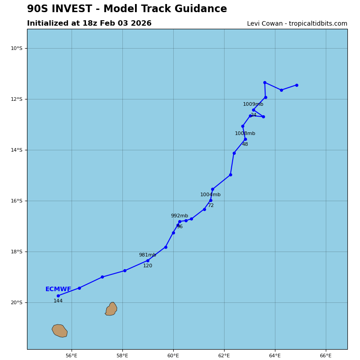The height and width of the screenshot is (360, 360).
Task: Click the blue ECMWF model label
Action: (x=58, y=289)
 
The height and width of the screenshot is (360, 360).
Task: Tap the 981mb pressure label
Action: (x=148, y=255)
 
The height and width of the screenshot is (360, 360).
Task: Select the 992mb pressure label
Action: (x=180, y=216)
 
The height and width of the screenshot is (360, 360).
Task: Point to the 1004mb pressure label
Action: (x=211, y=195)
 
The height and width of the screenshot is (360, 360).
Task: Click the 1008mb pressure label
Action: (x=245, y=134)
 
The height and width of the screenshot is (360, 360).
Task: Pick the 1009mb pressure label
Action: (x=253, y=104)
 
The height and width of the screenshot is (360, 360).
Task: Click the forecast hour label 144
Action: (x=58, y=301)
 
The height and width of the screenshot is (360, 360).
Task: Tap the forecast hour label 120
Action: (x=148, y=266)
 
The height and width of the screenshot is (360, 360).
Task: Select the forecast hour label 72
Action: (x=211, y=206)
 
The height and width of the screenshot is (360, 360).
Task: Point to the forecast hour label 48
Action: (x=245, y=144)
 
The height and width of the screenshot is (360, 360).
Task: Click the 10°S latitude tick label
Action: (x=17, y=48)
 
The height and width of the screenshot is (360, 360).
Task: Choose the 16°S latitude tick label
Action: (x=17, y=201)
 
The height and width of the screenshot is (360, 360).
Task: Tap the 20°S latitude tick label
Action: (x=17, y=302)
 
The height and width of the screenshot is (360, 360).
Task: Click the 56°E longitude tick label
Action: (x=72, y=355)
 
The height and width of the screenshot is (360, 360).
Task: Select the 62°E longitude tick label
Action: (x=224, y=355)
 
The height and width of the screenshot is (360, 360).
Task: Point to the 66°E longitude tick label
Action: (x=326, y=355)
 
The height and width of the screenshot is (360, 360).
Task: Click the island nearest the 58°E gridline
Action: (x=111, y=309)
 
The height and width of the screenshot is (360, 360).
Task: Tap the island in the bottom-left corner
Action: (x=60, y=331)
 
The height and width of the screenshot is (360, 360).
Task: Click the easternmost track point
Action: (x=297, y=85)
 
